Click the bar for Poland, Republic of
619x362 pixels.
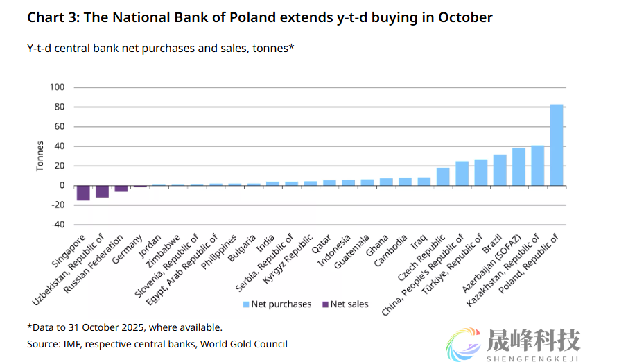point(556,145)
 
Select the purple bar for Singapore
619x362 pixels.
point(83,193)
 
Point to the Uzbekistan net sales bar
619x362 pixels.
point(102,191)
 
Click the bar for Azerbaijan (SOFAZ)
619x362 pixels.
point(518,166)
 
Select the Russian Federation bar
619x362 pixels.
point(121,189)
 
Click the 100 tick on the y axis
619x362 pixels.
point(57,87)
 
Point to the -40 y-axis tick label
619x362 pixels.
point(57,225)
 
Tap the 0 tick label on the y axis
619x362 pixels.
point(61,186)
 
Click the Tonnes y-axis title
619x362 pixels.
point(40,156)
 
